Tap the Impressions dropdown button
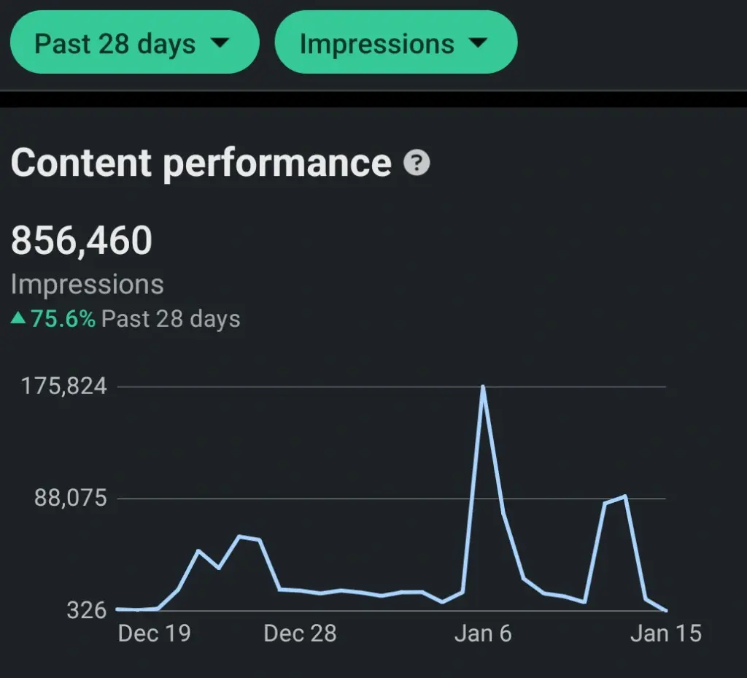[395, 43]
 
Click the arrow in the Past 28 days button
[219, 43]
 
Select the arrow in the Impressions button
[477, 43]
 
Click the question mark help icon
[417, 162]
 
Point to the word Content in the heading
[81, 162]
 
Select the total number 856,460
[82, 240]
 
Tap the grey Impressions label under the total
[88, 284]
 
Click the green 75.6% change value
[63, 319]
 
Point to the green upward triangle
[18, 319]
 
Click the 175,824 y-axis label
[64, 386]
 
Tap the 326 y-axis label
[87, 610]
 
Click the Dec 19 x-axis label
[154, 633]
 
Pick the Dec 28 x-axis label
[300, 633]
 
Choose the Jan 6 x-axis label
[482, 633]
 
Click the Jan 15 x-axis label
[665, 633]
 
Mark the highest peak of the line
[482, 387]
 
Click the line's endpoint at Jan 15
[665, 610]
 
